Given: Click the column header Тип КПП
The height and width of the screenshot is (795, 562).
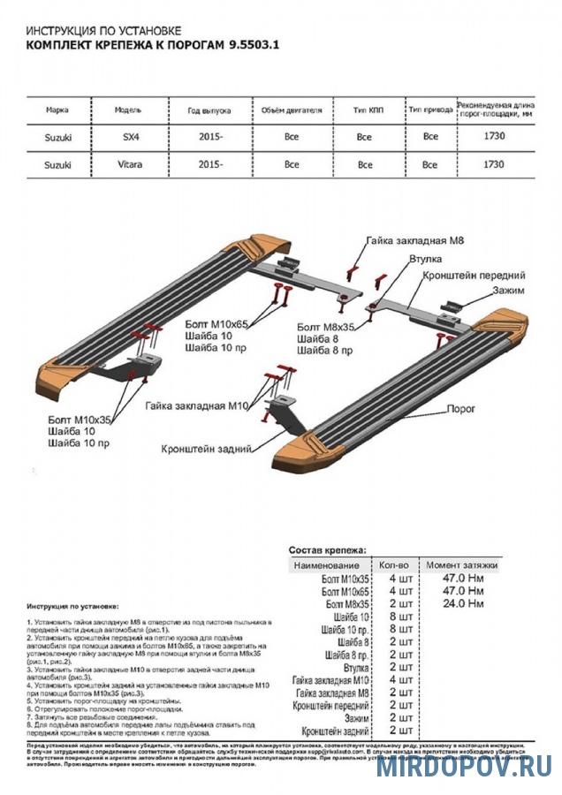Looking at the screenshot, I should coord(364,111).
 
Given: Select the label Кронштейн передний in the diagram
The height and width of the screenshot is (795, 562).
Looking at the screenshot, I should coord(475,276).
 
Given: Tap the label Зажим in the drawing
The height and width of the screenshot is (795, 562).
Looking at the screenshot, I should coord(510,291).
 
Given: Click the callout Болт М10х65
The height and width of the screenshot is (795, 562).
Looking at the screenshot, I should coord(217,324).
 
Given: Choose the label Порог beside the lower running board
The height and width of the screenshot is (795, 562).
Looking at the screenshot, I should coord(461,409).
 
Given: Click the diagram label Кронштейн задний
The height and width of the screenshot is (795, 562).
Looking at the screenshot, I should coord(204,449).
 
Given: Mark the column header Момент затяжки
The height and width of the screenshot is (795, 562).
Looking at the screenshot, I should coord(461,564).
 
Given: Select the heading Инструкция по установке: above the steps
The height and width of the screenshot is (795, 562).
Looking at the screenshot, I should coord(72,609).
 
